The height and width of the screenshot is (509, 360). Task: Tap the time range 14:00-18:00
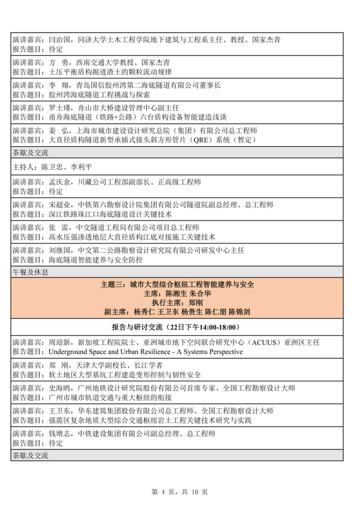point(214,326)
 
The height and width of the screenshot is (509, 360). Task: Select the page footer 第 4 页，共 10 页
point(180,492)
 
